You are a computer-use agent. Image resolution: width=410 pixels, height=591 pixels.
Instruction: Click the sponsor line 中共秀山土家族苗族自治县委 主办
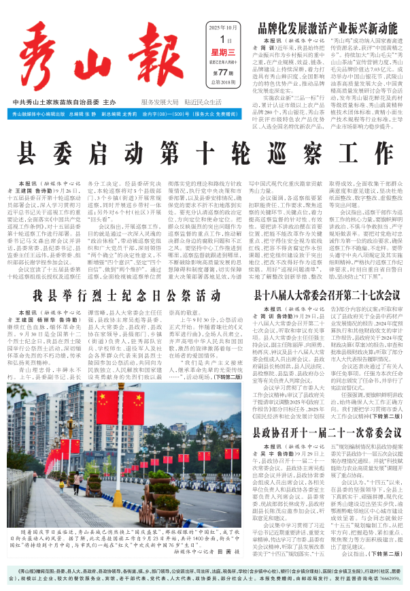pos(65,101)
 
